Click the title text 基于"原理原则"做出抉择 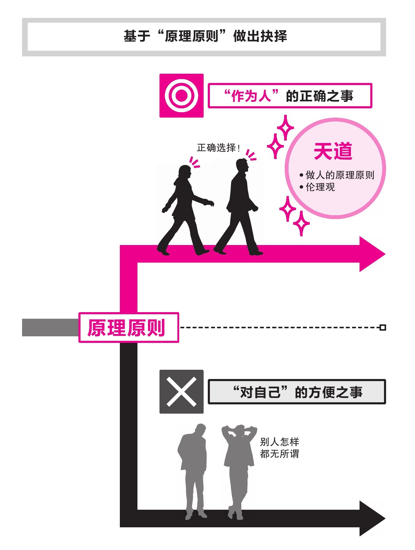point(205,36)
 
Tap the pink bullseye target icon point(181,96)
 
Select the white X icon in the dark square point(181,392)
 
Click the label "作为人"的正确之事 point(289,96)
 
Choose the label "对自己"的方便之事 point(297,392)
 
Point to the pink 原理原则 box point(128,327)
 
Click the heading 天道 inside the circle point(333,151)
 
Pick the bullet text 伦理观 point(320,187)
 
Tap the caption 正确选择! point(218,148)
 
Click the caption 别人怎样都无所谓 point(279,448)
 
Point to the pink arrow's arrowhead point(371,254)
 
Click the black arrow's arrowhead point(371,518)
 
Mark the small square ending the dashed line point(383,327)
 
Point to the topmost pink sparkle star point(285,127)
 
